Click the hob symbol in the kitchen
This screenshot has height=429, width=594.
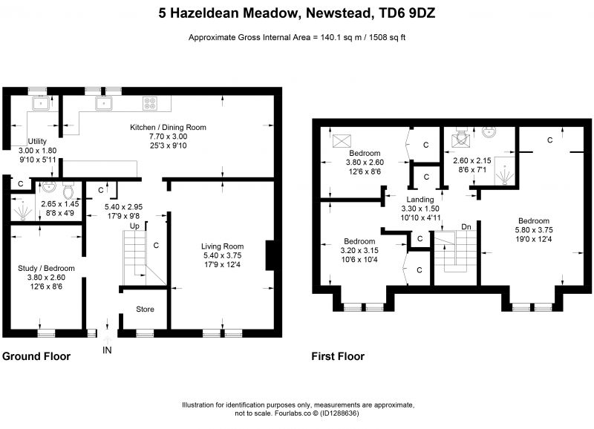(x=150, y=103)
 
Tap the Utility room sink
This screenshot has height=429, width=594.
(x=40, y=103)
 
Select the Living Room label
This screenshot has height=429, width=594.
(x=222, y=246)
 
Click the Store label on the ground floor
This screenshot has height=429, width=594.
(x=145, y=309)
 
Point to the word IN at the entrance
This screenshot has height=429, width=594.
(x=107, y=350)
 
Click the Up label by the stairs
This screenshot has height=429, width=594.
(x=134, y=226)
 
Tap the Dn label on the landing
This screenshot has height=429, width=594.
(x=466, y=226)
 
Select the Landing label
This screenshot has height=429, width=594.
(x=420, y=199)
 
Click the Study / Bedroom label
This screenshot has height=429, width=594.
(x=46, y=268)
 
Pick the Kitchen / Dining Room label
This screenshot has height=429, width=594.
(x=169, y=127)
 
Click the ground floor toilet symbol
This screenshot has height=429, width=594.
(x=68, y=191)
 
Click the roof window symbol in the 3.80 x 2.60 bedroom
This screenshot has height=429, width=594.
(x=342, y=141)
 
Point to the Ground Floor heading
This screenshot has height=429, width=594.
(x=36, y=356)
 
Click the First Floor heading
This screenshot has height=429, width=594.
(x=338, y=356)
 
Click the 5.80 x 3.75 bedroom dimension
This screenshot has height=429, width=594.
(x=534, y=230)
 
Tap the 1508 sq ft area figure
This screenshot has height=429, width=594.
(x=387, y=38)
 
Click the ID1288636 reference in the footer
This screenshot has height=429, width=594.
(x=339, y=413)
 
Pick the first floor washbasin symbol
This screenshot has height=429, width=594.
(x=489, y=132)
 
